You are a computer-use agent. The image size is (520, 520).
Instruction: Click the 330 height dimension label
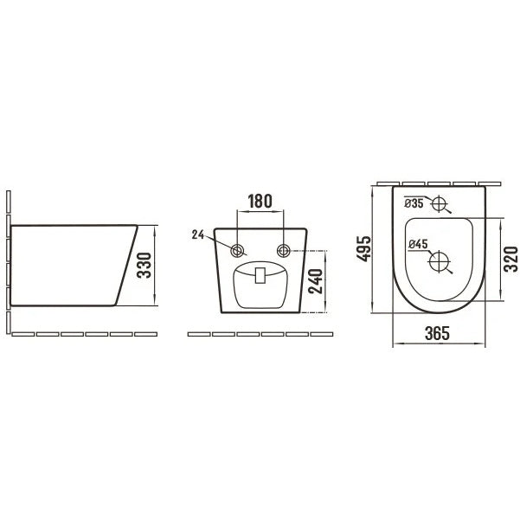click(144, 265)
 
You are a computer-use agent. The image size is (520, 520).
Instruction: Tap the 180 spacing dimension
click(260, 202)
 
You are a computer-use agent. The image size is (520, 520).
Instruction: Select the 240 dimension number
click(316, 281)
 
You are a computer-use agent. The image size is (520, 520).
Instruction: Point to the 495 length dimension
click(363, 248)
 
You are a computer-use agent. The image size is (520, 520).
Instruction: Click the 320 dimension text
click(510, 259)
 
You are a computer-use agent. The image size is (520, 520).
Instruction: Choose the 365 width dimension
click(437, 333)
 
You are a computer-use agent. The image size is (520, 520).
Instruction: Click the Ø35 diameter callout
click(414, 203)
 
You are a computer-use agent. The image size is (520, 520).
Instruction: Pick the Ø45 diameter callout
click(418, 244)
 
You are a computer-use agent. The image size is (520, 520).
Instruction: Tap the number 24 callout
click(197, 234)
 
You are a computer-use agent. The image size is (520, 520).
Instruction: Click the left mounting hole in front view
click(237, 251)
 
